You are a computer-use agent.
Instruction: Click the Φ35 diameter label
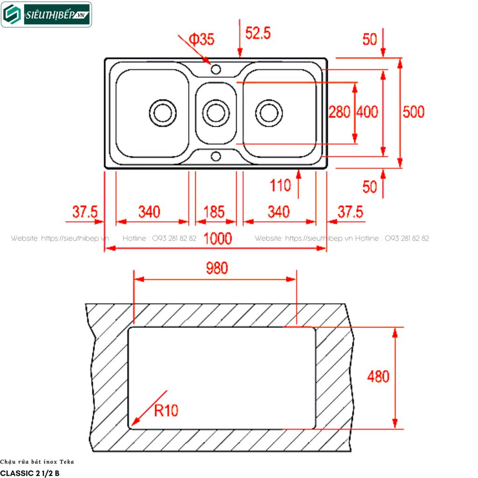[x=202, y=39]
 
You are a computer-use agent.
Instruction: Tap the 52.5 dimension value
[x=258, y=33]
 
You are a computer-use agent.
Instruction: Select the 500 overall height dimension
[x=414, y=112]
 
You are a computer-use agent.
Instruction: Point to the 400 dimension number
[x=367, y=112]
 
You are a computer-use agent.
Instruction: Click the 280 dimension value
[x=339, y=112]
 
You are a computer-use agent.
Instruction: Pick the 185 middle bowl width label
[x=214, y=212]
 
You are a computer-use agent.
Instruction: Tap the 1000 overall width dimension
[x=218, y=239]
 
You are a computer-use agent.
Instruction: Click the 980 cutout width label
[x=217, y=268]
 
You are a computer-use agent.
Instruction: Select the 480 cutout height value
[x=378, y=377]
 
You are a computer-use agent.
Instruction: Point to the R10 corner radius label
[x=166, y=410]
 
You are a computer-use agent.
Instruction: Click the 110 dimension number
[x=280, y=185]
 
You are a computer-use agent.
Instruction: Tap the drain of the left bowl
[x=163, y=113]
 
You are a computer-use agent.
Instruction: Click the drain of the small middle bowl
[x=216, y=113]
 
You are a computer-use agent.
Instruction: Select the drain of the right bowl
[x=269, y=113]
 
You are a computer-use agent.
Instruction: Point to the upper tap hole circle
[x=216, y=70]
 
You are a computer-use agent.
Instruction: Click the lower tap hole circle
[x=216, y=156]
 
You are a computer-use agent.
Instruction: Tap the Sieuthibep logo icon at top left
[x=12, y=14]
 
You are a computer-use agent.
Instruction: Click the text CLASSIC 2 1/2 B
[x=30, y=473]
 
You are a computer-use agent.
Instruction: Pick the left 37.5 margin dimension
[x=85, y=212]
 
